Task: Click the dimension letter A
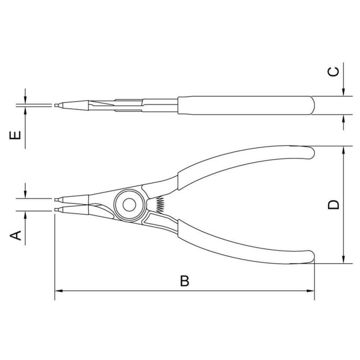pos(16,234)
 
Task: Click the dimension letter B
pos(184,281)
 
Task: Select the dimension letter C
pos(332,72)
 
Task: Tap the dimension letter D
pos(333,205)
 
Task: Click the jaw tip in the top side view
pos(58,105)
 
